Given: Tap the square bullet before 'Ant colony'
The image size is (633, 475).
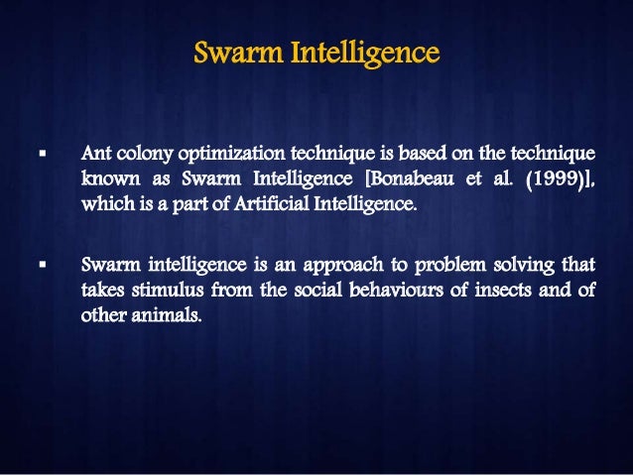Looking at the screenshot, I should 42,155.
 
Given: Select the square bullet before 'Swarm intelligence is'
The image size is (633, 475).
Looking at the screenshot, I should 42,265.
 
